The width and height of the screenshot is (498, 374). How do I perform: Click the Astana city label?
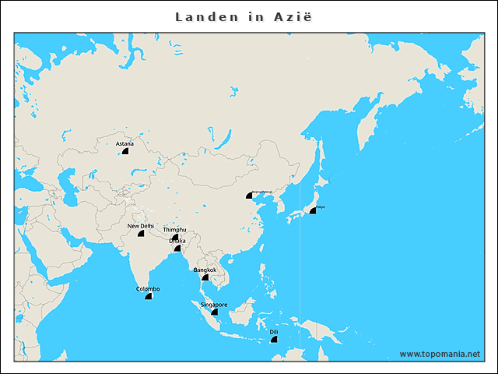point(124,143)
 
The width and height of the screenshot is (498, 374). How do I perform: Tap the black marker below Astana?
point(124,151)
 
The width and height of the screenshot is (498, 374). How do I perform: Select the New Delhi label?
point(142,226)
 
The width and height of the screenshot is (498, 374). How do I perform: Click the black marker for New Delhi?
point(141,234)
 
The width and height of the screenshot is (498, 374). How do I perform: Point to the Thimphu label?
point(175,230)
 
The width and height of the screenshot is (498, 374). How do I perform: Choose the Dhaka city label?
point(177,241)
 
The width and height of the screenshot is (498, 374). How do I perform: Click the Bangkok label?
point(205,270)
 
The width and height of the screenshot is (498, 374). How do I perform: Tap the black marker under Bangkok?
point(205,277)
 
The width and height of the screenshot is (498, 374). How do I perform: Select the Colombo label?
point(148,289)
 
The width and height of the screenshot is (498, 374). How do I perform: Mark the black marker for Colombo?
point(148,297)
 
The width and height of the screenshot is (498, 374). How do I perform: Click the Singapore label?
point(214,305)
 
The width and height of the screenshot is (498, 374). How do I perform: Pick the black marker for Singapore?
point(215,312)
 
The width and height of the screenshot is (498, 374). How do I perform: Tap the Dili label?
point(274,332)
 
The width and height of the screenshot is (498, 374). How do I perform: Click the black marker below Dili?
point(274,340)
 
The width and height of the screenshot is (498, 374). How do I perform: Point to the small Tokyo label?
point(320,206)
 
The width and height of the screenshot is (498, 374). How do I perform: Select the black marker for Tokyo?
point(313,210)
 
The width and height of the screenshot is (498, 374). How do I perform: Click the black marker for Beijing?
point(249,196)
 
